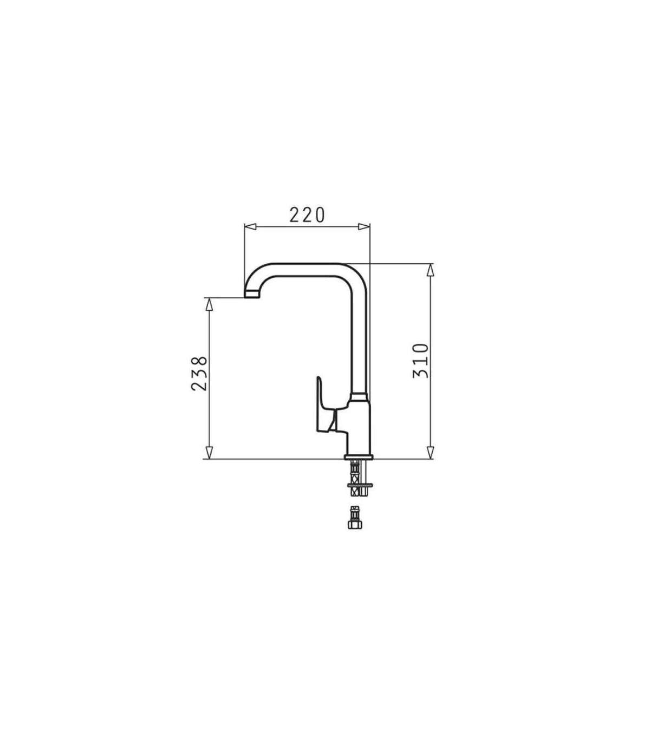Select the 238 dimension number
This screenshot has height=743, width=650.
point(199,373)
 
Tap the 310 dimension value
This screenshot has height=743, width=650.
point(421,361)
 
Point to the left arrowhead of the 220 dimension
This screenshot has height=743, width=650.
point(251,227)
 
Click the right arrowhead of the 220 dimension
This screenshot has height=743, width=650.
point(364,227)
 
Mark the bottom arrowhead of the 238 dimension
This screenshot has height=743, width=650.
point(209,453)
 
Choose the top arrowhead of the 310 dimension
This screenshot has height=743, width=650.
point(430,270)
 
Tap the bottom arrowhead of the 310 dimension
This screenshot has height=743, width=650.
point(430,453)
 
